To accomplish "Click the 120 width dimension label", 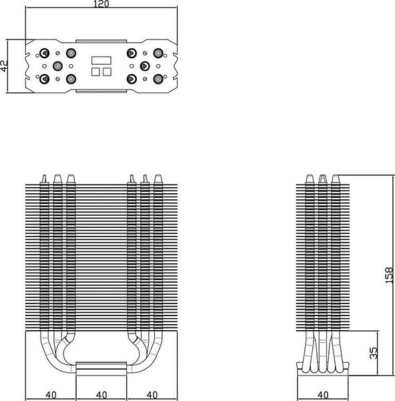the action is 101,4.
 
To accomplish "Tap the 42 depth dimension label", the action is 4,65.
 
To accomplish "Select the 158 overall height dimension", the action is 388,275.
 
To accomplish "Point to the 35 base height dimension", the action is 373,353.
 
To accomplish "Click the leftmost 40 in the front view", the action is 51,395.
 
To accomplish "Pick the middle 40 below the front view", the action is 101,395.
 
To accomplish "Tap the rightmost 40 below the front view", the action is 152,395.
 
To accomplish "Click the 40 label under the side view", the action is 323,395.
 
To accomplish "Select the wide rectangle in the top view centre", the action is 101,60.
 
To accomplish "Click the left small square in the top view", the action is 95,72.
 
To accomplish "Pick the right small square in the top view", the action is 107,72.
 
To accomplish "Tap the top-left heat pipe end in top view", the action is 45,53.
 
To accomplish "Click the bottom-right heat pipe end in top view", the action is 158,79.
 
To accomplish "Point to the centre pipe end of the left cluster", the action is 57,66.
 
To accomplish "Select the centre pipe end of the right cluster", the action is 145,66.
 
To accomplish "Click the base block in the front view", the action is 101,369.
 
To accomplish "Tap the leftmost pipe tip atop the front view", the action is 45,178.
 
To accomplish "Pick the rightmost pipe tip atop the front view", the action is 158,178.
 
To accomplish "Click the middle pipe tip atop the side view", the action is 323,178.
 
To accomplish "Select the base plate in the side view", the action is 323,369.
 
